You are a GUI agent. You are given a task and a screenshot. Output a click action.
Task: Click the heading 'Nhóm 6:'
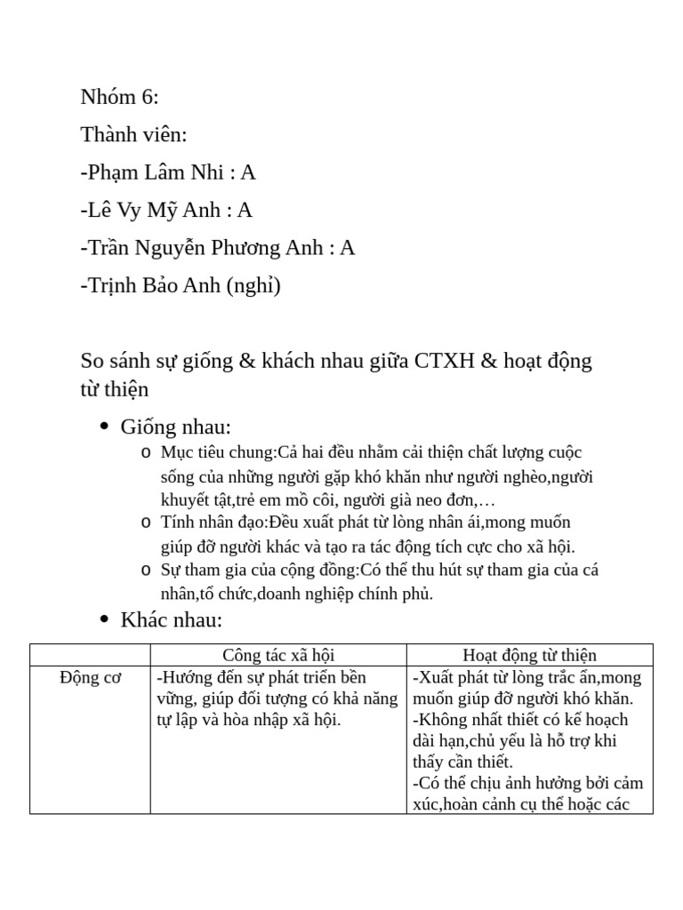(119, 97)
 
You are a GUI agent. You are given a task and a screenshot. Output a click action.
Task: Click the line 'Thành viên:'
(133, 134)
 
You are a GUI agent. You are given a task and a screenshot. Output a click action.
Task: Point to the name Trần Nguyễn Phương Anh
(205, 247)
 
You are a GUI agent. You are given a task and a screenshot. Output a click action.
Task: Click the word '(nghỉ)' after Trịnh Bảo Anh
(253, 285)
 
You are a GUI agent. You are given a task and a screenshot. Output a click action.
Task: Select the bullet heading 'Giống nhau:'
(175, 427)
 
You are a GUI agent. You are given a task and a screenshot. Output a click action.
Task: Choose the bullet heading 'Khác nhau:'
(171, 619)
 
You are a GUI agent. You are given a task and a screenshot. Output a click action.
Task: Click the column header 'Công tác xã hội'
(278, 655)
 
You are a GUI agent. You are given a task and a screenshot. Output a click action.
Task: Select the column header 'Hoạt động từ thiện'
(529, 655)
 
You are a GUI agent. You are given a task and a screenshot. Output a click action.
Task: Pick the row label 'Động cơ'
(90, 678)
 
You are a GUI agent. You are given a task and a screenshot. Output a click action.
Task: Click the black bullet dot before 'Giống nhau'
(104, 427)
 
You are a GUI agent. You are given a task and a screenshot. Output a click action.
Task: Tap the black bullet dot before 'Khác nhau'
(104, 619)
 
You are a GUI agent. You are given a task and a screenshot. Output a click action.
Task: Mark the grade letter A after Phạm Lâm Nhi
(248, 172)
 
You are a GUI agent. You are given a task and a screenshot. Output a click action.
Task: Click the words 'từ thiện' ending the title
(115, 389)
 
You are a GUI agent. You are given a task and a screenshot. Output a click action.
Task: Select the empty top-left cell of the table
(90, 655)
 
